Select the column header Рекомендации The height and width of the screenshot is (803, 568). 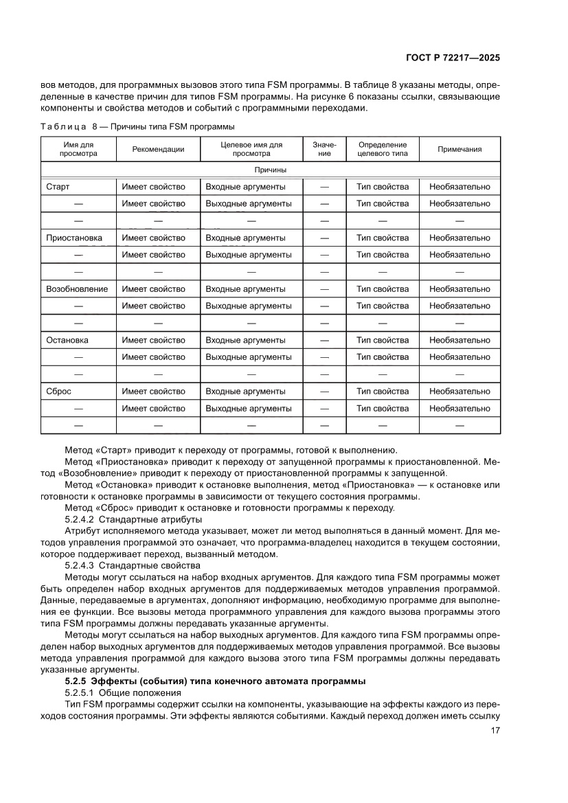158,149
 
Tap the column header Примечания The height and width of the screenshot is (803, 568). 459,149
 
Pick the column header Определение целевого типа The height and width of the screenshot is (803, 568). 383,149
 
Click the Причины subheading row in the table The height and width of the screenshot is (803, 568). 270,170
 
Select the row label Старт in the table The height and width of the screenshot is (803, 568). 58,187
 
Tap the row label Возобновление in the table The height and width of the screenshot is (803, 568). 76,289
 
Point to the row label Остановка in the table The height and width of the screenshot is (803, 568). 67,340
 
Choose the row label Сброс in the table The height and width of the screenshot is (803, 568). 58,392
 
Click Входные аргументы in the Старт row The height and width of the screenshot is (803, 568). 245,187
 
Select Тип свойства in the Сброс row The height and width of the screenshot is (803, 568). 383,392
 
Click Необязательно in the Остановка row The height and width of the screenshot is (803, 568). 459,340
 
